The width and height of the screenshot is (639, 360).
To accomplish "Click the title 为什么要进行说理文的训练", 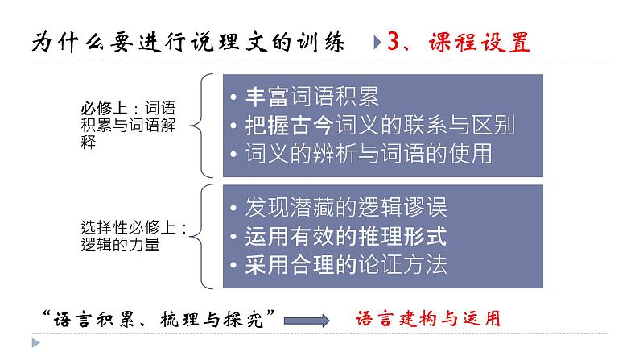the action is point(191,42).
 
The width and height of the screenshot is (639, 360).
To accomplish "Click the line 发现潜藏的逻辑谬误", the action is point(345,208).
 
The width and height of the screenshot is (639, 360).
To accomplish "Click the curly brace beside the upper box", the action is point(205,125).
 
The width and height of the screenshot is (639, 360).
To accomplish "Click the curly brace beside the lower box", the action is point(205,237).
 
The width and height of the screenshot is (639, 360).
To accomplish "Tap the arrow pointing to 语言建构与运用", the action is point(308,320).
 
